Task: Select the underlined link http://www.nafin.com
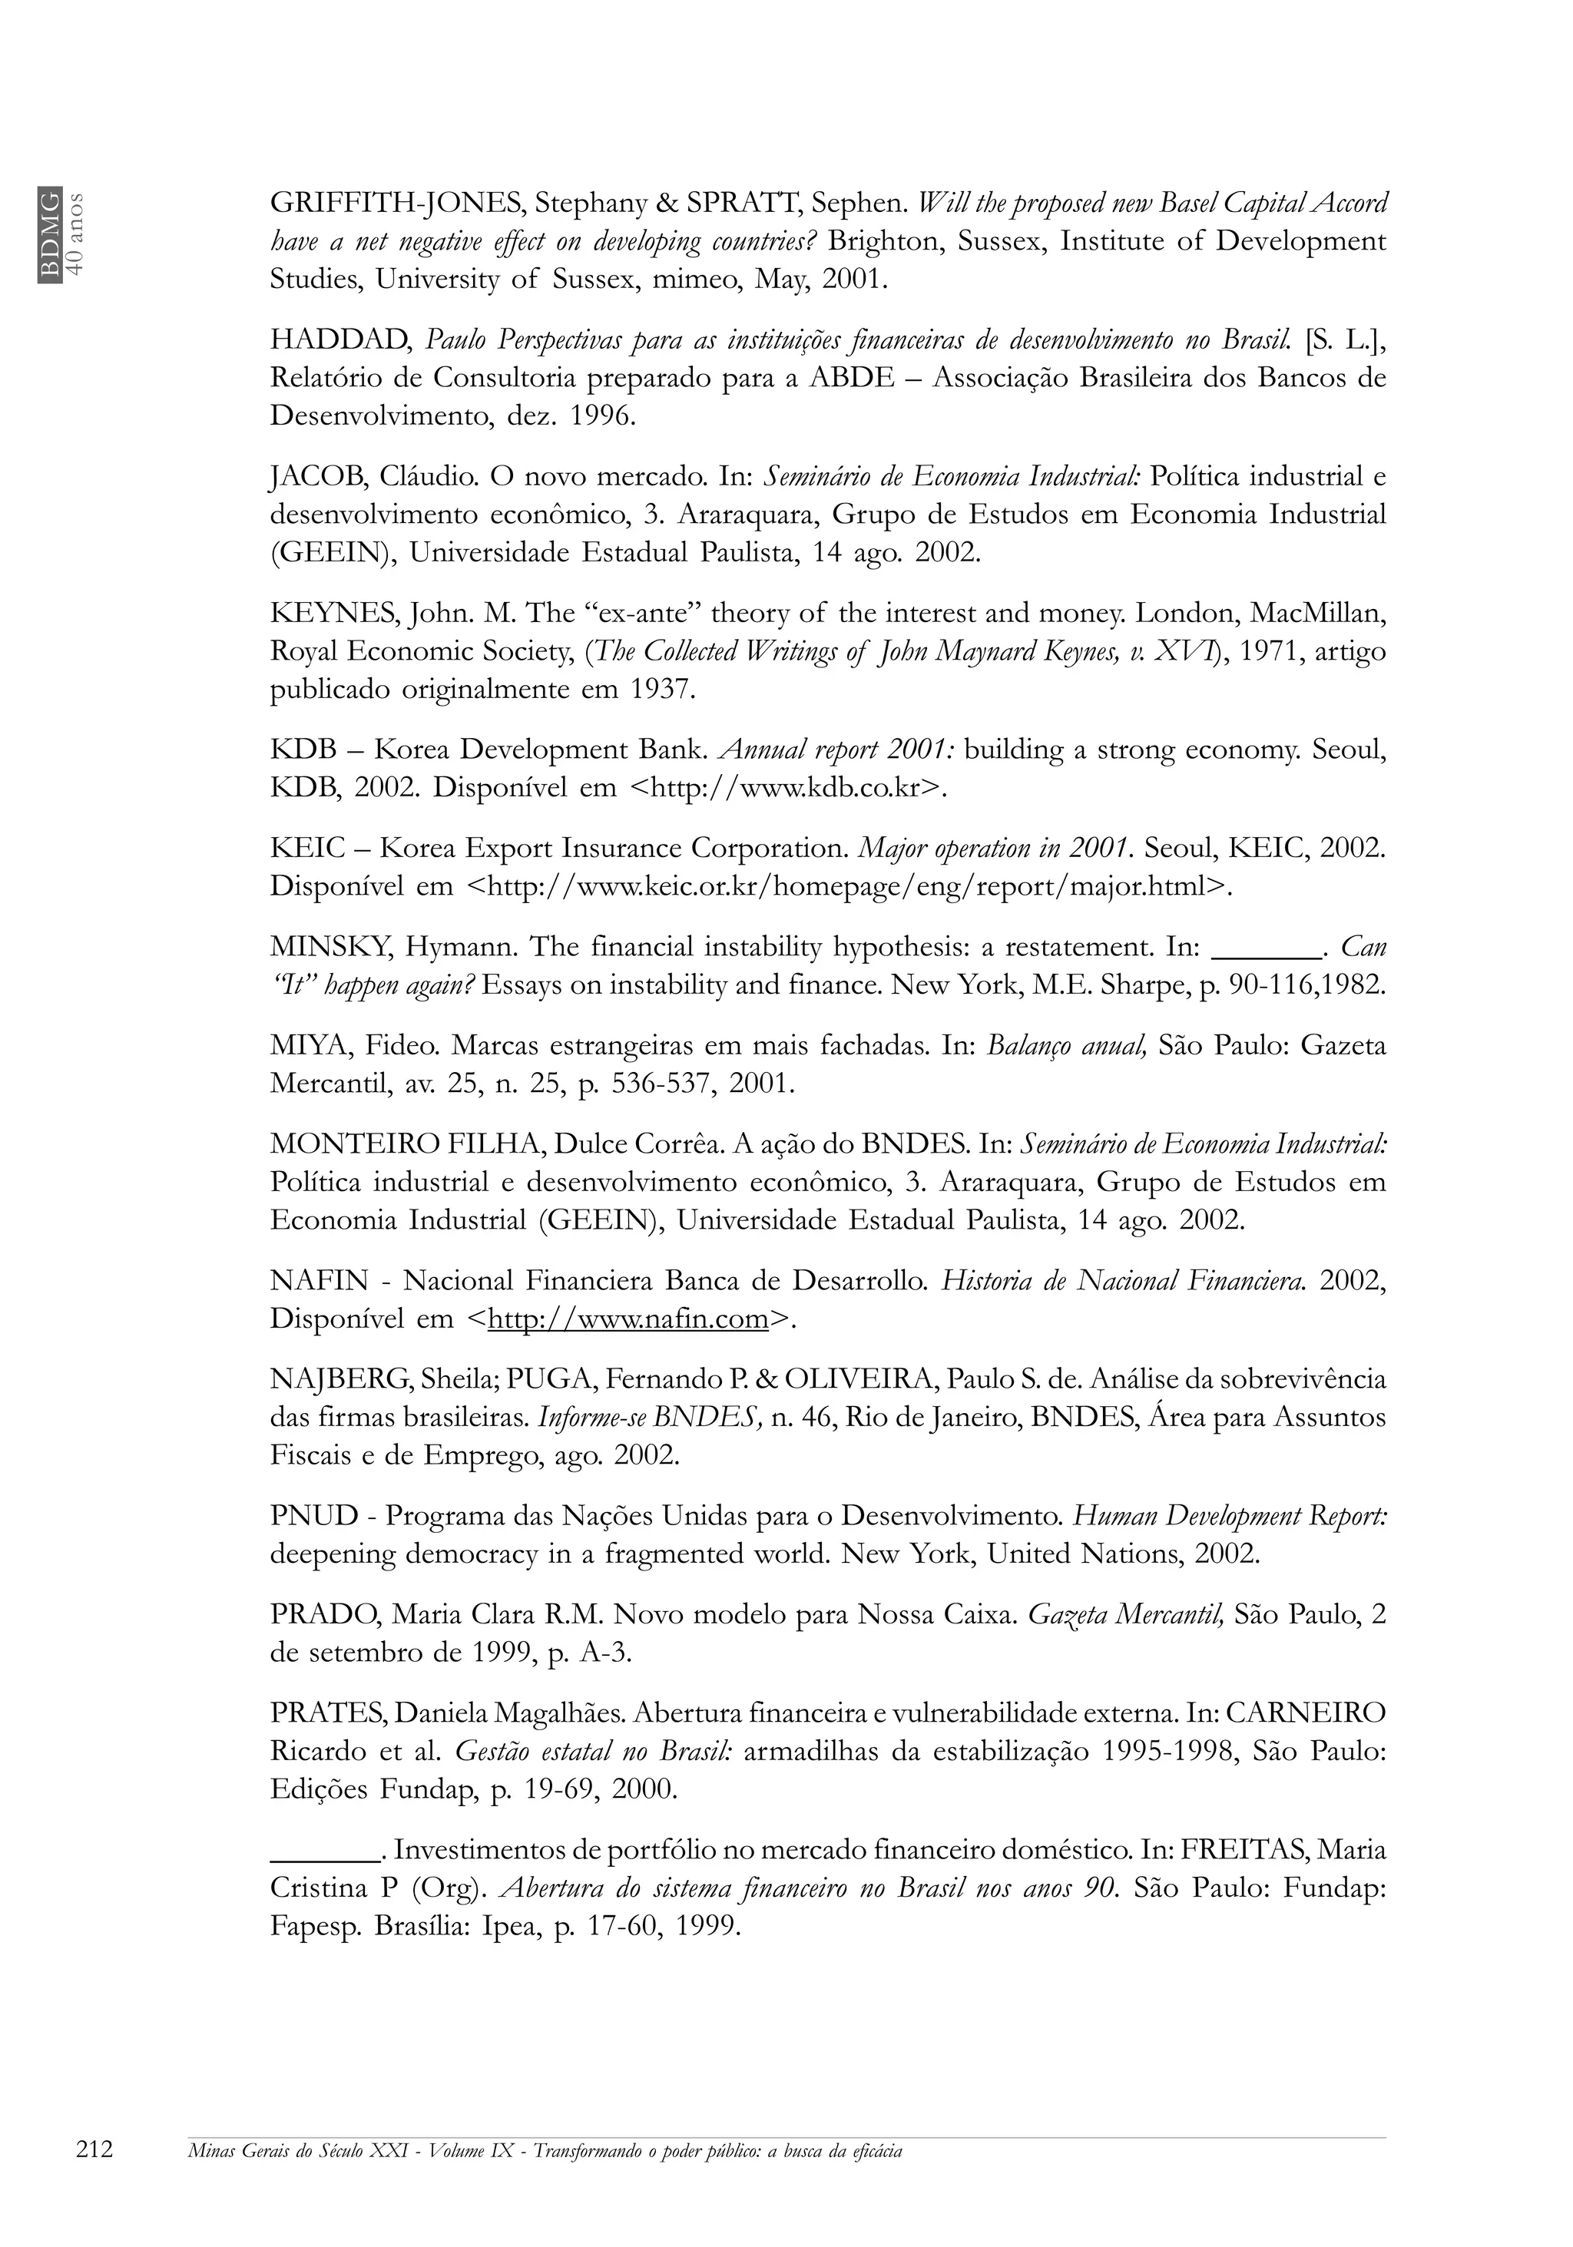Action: pos(628,1319)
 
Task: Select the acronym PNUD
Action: pos(314,1517)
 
